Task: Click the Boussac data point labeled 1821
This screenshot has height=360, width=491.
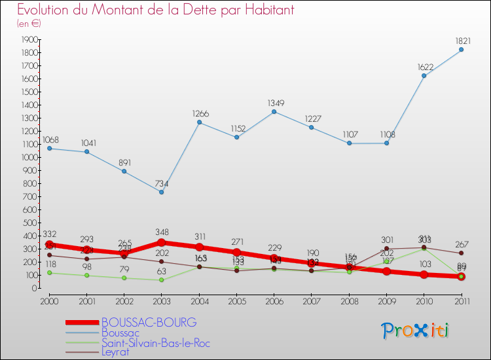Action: tap(462, 50)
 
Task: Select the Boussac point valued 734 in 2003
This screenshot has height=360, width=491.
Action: tap(162, 192)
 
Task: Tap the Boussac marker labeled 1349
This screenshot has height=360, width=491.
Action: tap(274, 111)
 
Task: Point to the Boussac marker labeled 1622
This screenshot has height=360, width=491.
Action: tap(424, 76)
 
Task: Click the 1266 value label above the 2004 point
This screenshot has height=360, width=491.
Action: tap(200, 114)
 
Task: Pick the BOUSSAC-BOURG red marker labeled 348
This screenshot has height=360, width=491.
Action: tap(162, 242)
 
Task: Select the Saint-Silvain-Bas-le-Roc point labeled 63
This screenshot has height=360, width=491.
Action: tap(162, 280)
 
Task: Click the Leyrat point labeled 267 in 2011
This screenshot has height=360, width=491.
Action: tap(462, 253)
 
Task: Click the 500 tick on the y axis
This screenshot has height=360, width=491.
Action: tap(29, 223)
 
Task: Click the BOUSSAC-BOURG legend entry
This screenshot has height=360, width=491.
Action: tap(149, 323)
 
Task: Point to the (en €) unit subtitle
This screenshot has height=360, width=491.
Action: tap(28, 24)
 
